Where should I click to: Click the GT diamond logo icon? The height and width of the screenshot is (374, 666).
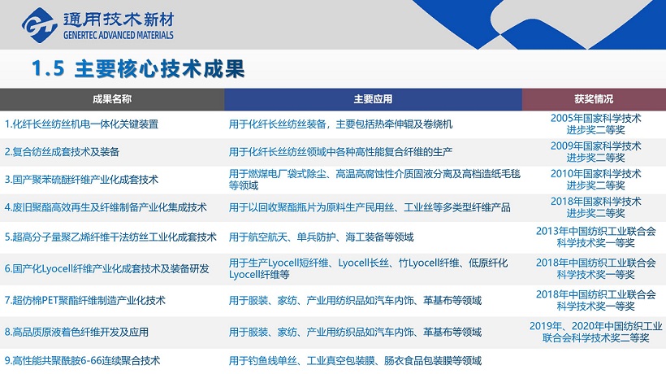pyautogui.click(x=40, y=25)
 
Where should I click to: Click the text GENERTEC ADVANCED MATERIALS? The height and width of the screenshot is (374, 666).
pyautogui.click(x=119, y=35)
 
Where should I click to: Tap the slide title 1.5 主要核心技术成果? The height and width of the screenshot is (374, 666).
pyautogui.click(x=138, y=69)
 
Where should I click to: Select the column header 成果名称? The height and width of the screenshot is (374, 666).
pyautogui.click(x=112, y=99)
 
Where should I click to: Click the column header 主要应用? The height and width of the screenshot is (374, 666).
pyautogui.click(x=373, y=99)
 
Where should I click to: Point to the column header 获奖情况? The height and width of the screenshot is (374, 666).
pyautogui.click(x=594, y=99)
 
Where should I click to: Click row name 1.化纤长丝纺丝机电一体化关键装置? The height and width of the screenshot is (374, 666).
pyautogui.click(x=81, y=124)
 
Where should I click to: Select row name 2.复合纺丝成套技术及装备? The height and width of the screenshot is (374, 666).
pyautogui.click(x=62, y=152)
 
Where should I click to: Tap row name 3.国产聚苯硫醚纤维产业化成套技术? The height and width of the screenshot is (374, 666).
pyautogui.click(x=81, y=180)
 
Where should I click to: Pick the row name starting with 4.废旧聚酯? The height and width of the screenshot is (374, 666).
pyautogui.click(x=106, y=207)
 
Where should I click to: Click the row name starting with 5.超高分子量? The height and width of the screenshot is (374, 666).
pyautogui.click(x=110, y=237)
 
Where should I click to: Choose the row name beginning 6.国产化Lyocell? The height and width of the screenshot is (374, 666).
pyautogui.click(x=107, y=268)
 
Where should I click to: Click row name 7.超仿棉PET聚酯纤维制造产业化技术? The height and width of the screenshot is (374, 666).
pyautogui.click(x=85, y=301)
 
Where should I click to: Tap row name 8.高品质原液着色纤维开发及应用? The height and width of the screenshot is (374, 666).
pyautogui.click(x=76, y=332)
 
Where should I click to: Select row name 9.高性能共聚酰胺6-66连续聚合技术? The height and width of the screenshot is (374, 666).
pyautogui.click(x=82, y=361)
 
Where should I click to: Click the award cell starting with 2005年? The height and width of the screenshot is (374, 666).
pyautogui.click(x=595, y=124)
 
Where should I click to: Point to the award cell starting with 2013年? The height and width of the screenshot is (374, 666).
pyautogui.click(x=595, y=237)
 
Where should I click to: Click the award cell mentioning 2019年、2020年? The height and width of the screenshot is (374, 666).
pyautogui.click(x=595, y=332)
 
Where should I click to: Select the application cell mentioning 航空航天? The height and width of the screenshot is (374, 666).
pyautogui.click(x=321, y=237)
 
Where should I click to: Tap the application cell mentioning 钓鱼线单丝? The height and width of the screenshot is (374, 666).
pyautogui.click(x=355, y=361)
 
